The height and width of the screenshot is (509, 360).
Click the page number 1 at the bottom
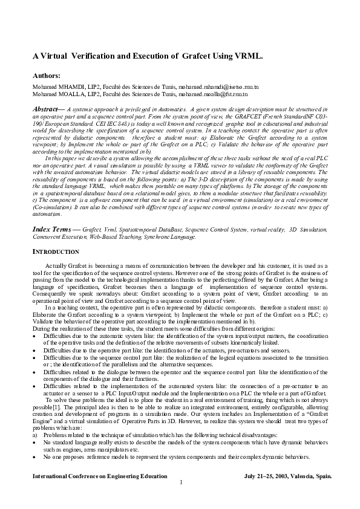click(x=180, y=482)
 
